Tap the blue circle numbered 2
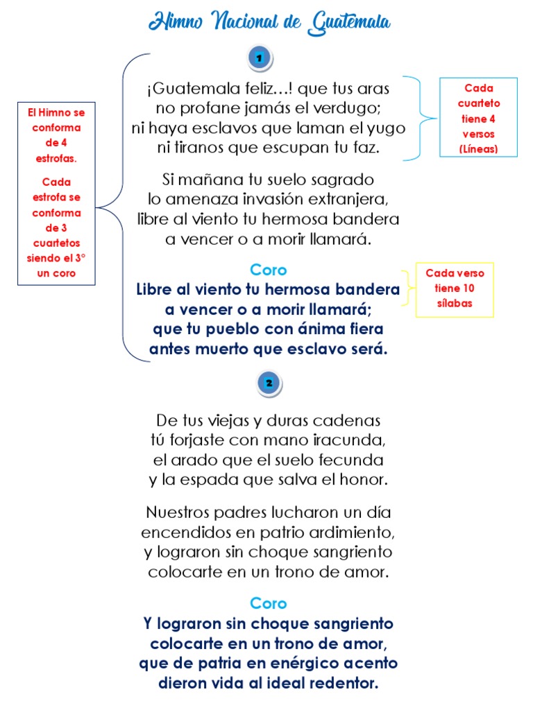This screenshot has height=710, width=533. (x=269, y=383)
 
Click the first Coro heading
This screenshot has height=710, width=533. (x=268, y=270)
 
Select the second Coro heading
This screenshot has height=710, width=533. (x=268, y=603)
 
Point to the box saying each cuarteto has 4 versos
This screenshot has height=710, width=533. (x=478, y=118)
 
